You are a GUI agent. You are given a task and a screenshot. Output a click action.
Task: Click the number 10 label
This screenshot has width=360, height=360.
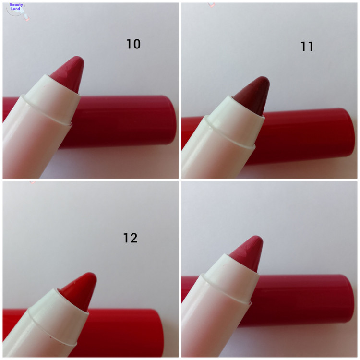tap(133, 44)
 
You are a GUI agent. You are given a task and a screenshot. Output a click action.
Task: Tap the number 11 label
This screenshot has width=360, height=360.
tap(307, 47)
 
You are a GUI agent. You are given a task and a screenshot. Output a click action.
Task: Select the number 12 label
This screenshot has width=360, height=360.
tap(131, 238)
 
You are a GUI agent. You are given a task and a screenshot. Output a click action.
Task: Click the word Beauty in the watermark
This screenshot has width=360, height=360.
tap(16, 5)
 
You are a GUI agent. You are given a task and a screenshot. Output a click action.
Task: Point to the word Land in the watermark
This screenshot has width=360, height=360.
tap(15, 9)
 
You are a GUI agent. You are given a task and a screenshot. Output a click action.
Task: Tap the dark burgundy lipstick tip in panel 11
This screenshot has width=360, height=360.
tap(252, 96)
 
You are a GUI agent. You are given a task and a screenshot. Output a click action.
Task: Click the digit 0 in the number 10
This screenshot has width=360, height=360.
tap(136, 44)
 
